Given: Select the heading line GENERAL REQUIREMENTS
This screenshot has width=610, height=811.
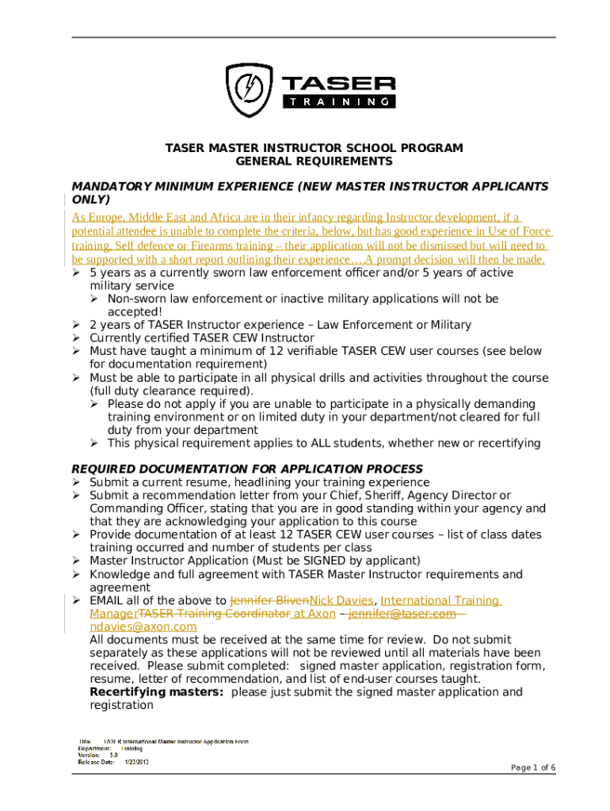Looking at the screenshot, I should (314, 161).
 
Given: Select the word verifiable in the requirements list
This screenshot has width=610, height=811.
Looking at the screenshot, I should (289, 351).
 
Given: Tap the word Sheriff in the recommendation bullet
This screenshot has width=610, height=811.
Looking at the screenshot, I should (368, 495).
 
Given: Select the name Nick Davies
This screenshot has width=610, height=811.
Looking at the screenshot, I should (341, 600).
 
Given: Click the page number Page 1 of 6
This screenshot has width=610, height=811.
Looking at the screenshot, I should (532, 767).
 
